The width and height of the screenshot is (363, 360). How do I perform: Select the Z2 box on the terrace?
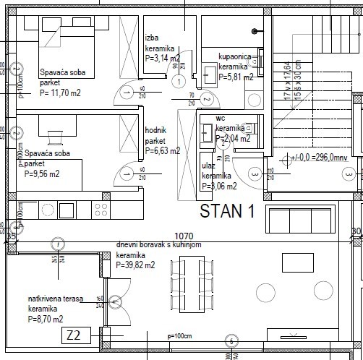click(73, 335)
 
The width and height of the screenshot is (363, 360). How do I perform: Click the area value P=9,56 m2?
click(42, 173)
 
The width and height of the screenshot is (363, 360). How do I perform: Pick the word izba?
click(152, 38)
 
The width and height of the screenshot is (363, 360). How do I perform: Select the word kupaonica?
click(235, 55)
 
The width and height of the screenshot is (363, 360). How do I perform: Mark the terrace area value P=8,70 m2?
click(45, 318)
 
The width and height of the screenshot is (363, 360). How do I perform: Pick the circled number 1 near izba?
click(178, 81)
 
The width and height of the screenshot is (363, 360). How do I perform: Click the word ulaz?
click(209, 166)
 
